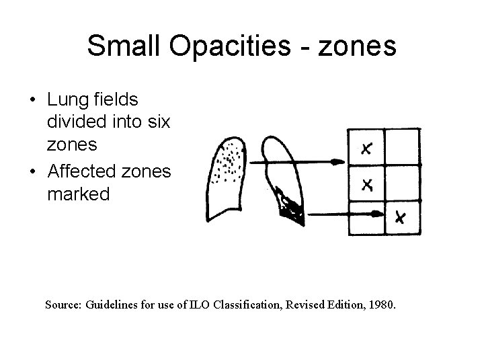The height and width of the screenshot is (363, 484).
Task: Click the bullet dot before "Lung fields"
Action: (33, 101)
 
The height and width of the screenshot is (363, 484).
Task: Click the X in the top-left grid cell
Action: (367, 149)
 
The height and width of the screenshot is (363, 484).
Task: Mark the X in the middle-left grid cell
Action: (367, 184)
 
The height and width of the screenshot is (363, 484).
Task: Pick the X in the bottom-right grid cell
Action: (401, 217)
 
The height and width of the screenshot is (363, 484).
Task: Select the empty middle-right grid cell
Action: (402, 183)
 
